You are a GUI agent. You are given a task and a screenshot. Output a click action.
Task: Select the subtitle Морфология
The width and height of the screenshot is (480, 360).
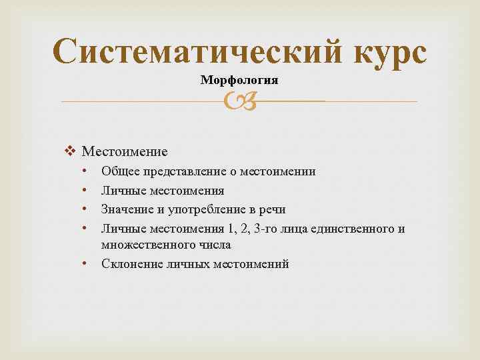[x=239, y=80]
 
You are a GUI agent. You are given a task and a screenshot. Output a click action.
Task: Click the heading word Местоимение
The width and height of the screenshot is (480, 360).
[x=125, y=151]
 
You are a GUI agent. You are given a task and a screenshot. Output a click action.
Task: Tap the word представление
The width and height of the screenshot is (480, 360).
[x=182, y=171]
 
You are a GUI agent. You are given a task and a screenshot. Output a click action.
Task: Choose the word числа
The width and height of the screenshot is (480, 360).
[x=212, y=245]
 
